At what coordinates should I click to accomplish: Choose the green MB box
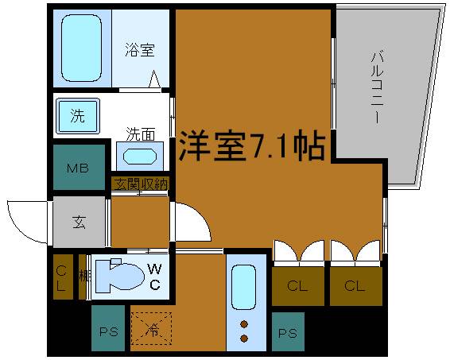(x=77, y=168)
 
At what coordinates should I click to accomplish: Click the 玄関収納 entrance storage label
(x=140, y=184)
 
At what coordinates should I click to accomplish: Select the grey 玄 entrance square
(x=79, y=222)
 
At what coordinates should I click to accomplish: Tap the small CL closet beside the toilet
(x=61, y=275)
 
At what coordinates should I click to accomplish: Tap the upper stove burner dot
(x=244, y=324)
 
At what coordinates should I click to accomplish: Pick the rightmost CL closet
(x=354, y=285)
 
